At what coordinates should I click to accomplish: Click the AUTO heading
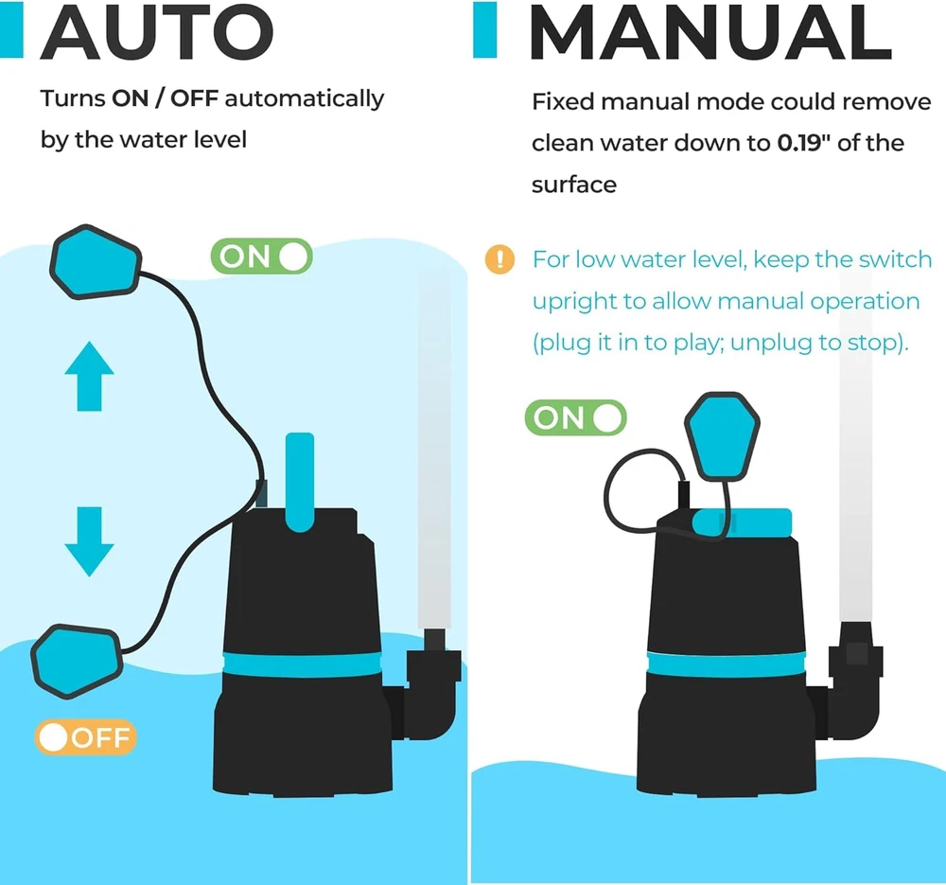coord(156,32)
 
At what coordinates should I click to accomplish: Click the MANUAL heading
coord(709,34)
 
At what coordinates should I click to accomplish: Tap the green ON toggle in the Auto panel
coord(261,256)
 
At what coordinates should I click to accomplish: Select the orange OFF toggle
coord(86,737)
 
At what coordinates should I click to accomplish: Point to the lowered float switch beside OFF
coord(76,659)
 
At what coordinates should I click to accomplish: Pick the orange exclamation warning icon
coord(499,259)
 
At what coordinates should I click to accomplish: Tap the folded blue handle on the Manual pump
coord(743,522)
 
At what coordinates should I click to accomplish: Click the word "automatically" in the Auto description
coord(305,98)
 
